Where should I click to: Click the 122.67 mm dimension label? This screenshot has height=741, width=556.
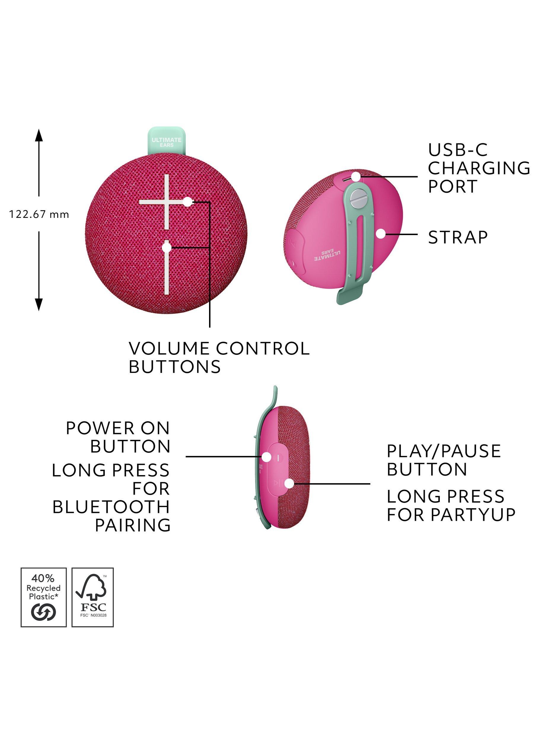click(39, 214)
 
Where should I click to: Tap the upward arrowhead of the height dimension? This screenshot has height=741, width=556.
click(39, 136)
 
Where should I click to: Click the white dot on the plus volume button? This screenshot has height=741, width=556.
click(188, 202)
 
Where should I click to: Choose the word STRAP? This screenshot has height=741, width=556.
click(458, 237)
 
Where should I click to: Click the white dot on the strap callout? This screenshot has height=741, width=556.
click(381, 234)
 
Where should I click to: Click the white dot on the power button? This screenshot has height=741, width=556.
click(267, 457)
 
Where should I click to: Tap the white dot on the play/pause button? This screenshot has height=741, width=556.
click(289, 483)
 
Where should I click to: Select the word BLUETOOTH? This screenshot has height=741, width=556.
click(111, 507)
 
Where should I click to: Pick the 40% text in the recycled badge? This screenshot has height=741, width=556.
click(43, 578)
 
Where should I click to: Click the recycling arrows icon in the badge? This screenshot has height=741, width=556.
click(44, 612)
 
